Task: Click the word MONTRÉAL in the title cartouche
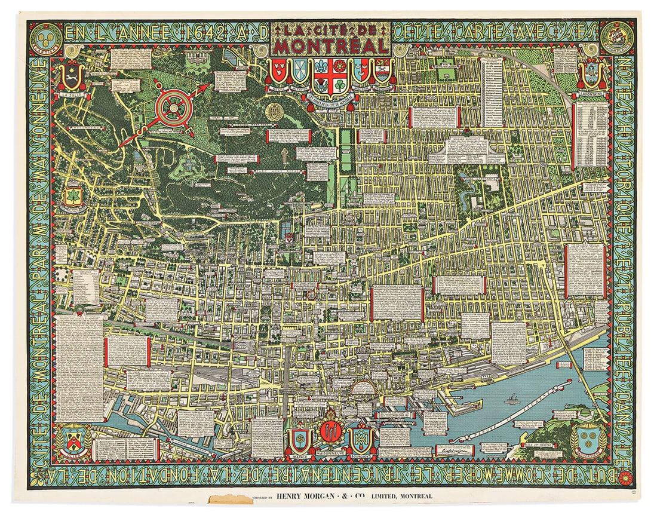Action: click(330, 46)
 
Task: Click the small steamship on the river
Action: click(512, 397)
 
